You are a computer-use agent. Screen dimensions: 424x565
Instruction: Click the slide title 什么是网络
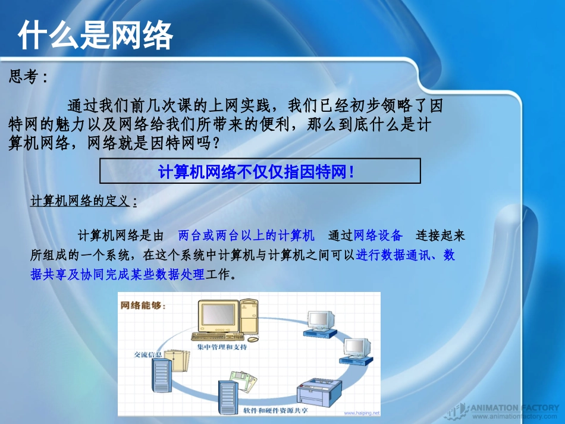tap(95, 36)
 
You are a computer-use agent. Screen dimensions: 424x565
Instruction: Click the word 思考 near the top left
tap(24, 77)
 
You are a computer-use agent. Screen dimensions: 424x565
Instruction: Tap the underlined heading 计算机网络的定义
tap(80, 202)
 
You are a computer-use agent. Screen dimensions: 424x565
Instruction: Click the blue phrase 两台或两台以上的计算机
tap(246, 235)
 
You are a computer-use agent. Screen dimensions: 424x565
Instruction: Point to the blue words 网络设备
tap(378, 235)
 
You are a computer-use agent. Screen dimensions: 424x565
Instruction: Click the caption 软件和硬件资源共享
tap(275, 410)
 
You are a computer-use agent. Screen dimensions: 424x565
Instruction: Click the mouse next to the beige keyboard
tap(253, 340)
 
